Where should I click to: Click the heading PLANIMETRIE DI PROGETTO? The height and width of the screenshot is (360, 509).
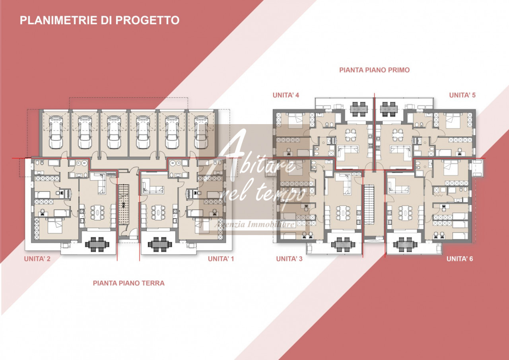(x=99, y=20)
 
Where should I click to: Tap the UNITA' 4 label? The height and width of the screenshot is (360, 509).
(x=286, y=95)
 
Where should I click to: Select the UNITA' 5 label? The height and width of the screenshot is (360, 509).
(x=462, y=95)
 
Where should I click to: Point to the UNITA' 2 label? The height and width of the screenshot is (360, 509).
(x=37, y=259)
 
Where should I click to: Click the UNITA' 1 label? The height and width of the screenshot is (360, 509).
(x=221, y=259)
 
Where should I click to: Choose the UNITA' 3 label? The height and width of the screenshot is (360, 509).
(x=289, y=259)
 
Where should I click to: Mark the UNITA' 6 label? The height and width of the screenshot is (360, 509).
(x=460, y=259)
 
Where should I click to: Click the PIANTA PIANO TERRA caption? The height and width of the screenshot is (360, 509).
(x=128, y=283)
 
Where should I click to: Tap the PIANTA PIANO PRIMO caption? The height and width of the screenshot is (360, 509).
(x=375, y=70)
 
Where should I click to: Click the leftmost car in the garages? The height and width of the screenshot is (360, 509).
(x=56, y=132)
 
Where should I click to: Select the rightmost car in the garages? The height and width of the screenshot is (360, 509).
(x=201, y=132)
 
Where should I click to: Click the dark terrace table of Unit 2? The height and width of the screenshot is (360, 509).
(x=97, y=244)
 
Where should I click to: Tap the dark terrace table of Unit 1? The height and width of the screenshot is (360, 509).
(x=160, y=244)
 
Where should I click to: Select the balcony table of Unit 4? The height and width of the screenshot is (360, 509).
(x=359, y=109)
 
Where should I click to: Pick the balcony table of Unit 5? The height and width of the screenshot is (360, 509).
(x=389, y=109)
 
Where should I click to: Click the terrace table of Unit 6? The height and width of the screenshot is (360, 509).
(x=405, y=245)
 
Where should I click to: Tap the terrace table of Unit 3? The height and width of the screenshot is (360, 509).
(x=343, y=245)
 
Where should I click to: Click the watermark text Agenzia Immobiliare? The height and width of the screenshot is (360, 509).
(x=254, y=224)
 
